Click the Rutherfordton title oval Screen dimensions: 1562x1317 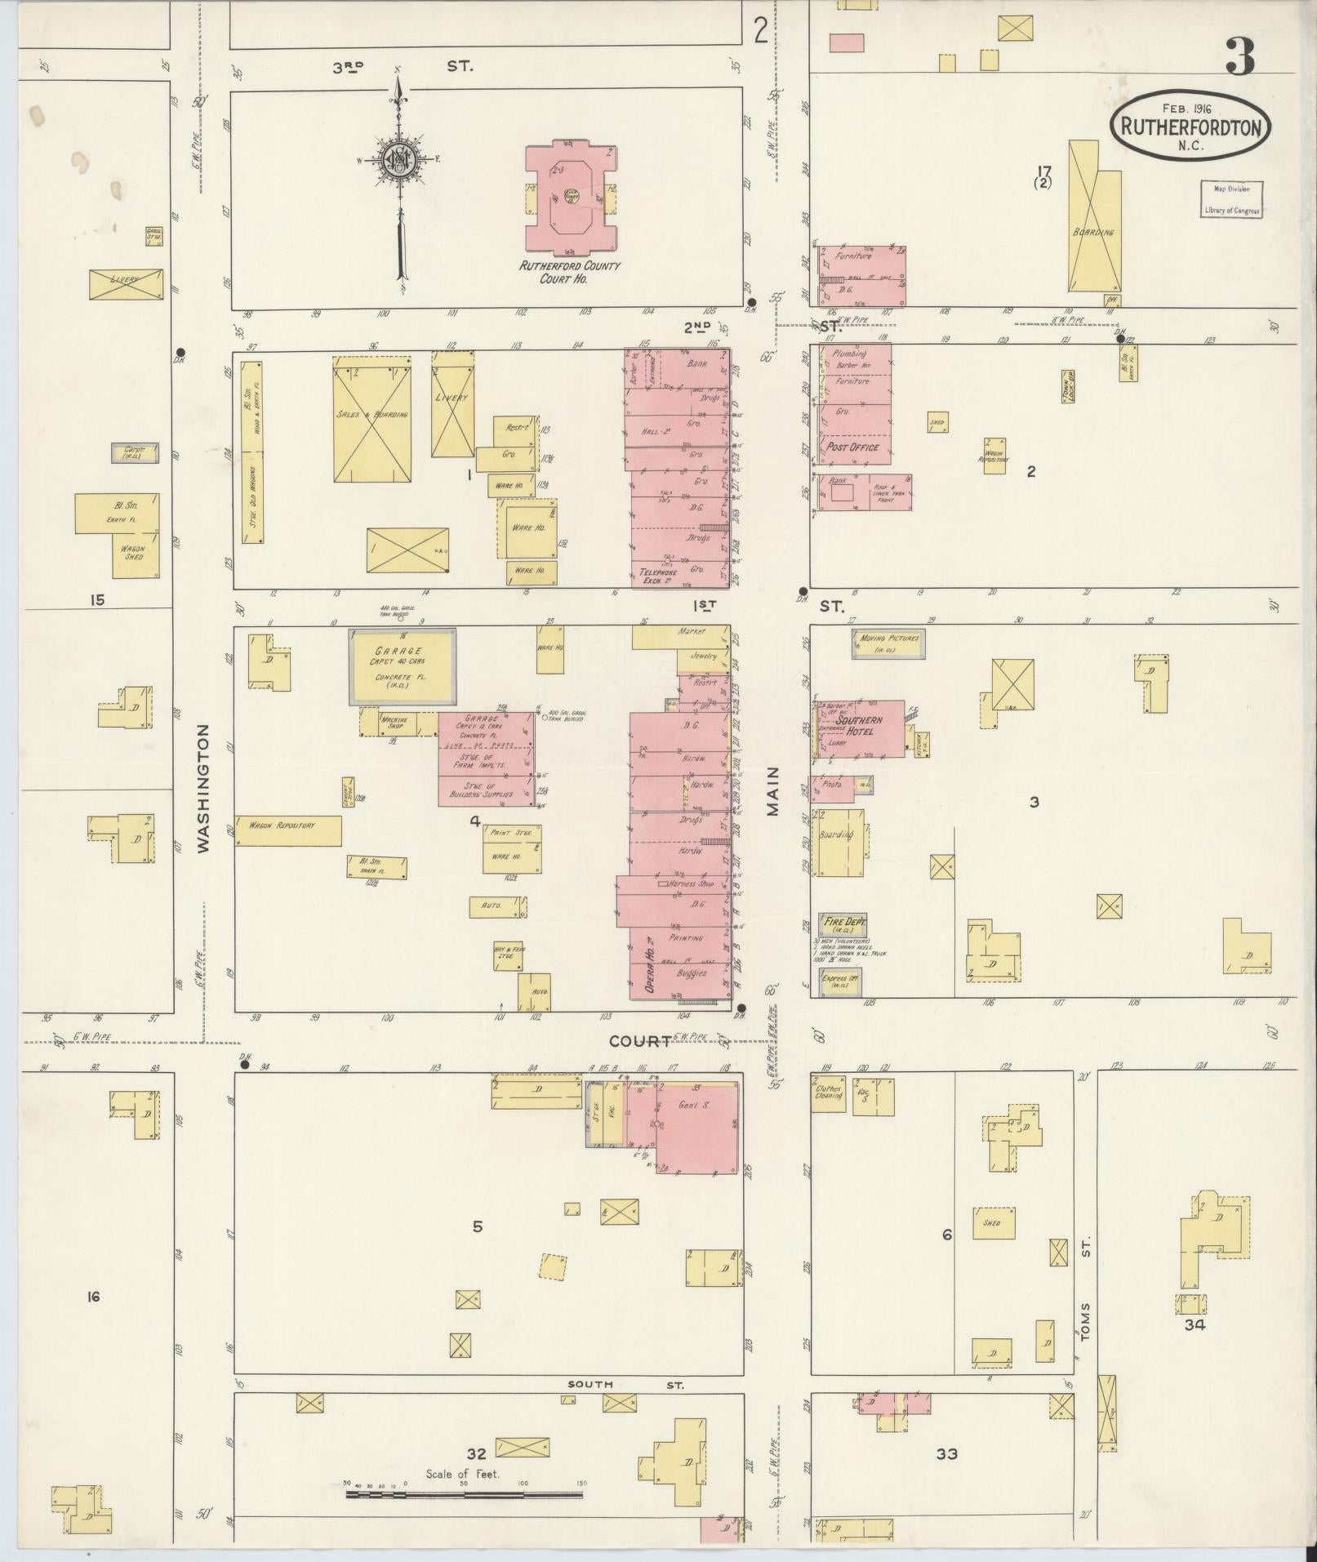pos(1190,126)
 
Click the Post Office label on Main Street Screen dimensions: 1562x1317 pos(852,447)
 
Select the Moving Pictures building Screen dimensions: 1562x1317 pos(888,643)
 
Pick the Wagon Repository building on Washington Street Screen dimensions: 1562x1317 pos(287,829)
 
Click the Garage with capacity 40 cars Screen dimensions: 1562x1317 pos(403,665)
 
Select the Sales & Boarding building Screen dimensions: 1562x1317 pos(372,418)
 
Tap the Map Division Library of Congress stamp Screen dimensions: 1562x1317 pos(1230,198)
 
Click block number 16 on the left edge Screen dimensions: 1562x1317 pos(93,1296)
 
